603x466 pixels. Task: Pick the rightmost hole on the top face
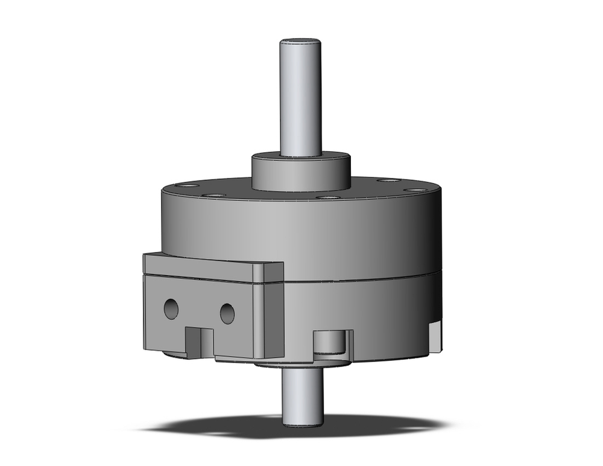pos(414,190)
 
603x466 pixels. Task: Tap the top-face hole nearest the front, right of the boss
pos(327,197)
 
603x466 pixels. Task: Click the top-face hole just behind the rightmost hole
pos(387,180)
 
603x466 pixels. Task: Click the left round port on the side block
pos(171,309)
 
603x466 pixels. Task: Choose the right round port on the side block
pos(227,313)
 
